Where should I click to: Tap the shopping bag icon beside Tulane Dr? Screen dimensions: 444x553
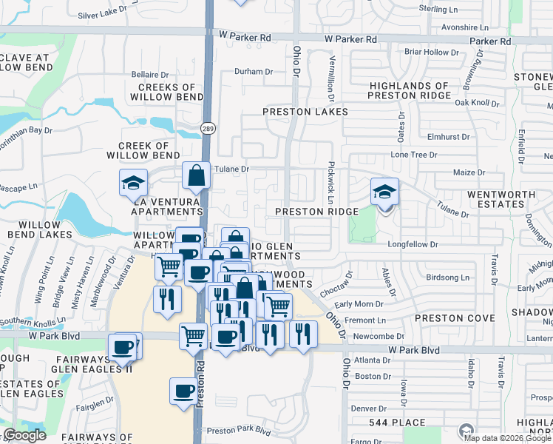click(197, 176)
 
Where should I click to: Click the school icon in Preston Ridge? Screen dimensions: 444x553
click(384, 192)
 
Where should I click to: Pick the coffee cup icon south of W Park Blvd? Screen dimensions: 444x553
click(183, 391)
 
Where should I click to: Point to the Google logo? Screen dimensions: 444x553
click(24, 435)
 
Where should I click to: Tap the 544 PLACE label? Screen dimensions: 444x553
click(398, 423)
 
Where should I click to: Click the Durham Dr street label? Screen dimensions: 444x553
click(254, 72)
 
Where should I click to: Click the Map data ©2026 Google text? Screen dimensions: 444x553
click(507, 438)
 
